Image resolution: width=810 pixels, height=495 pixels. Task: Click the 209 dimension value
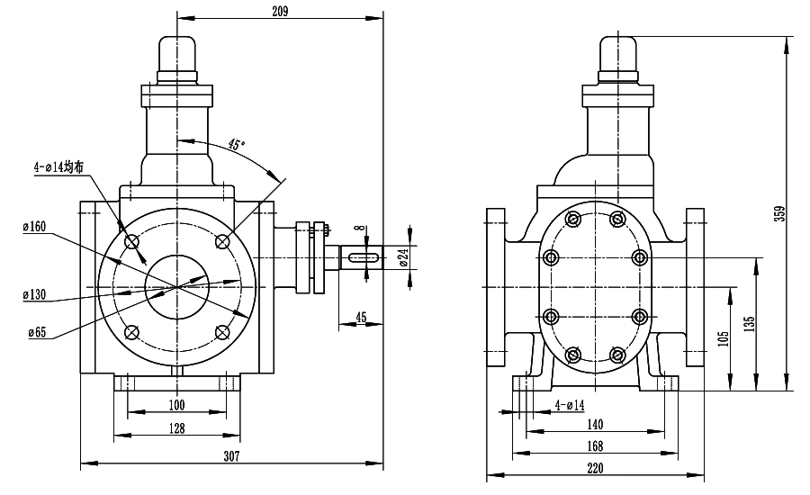(x=280, y=11)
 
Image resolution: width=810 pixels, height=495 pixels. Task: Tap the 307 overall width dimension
(x=231, y=456)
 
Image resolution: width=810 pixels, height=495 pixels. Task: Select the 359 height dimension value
(x=779, y=213)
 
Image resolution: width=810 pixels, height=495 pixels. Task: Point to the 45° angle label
(x=236, y=144)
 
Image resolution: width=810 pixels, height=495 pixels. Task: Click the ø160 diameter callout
(x=34, y=226)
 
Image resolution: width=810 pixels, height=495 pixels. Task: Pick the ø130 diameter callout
(x=34, y=294)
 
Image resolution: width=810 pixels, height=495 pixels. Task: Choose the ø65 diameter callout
(x=37, y=332)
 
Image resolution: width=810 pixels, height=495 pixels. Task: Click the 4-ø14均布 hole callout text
(x=58, y=166)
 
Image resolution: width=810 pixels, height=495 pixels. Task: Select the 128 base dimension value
(x=176, y=428)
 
